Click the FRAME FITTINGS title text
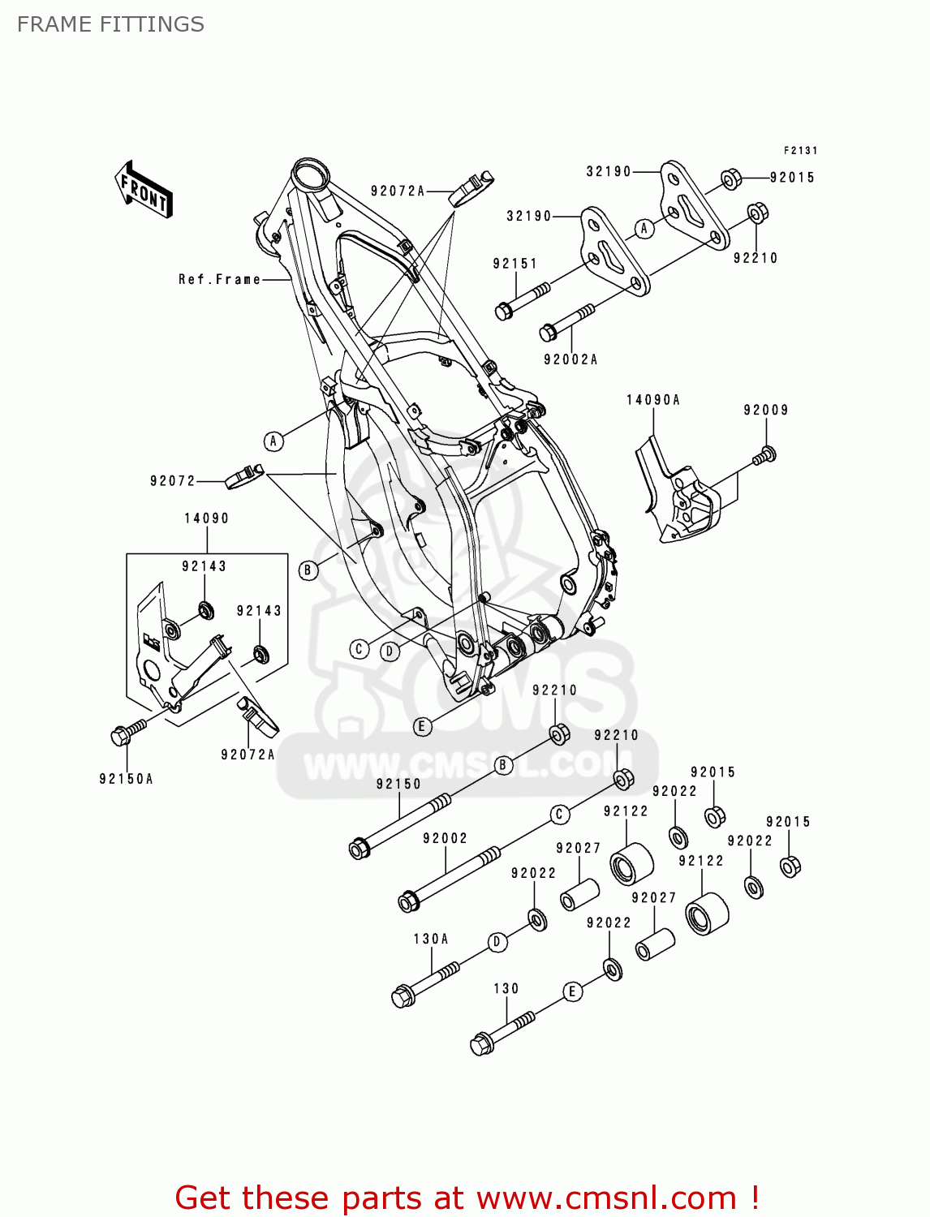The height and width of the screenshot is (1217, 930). click(x=110, y=24)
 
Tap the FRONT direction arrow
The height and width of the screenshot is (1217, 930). click(x=144, y=190)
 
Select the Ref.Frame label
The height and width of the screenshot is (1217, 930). click(x=219, y=279)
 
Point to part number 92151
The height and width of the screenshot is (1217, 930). click(x=515, y=264)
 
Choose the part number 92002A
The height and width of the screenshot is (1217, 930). click(x=570, y=359)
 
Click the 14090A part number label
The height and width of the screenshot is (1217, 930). click(x=652, y=400)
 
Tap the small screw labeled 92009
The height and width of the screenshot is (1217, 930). click(x=764, y=456)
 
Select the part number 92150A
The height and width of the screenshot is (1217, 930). click(x=126, y=779)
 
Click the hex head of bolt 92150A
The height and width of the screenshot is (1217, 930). click(x=120, y=737)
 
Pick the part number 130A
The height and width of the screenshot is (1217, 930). click(x=430, y=939)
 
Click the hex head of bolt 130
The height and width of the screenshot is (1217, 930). click(x=480, y=1044)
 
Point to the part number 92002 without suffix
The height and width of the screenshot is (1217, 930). click(x=445, y=838)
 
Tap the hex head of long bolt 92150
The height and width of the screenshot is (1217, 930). click(x=359, y=849)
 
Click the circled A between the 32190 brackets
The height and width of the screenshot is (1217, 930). click(x=644, y=229)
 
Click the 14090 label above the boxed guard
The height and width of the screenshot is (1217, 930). click(x=206, y=518)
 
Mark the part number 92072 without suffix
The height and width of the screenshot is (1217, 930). click(x=172, y=481)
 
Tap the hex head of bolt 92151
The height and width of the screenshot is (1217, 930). click(x=503, y=311)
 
